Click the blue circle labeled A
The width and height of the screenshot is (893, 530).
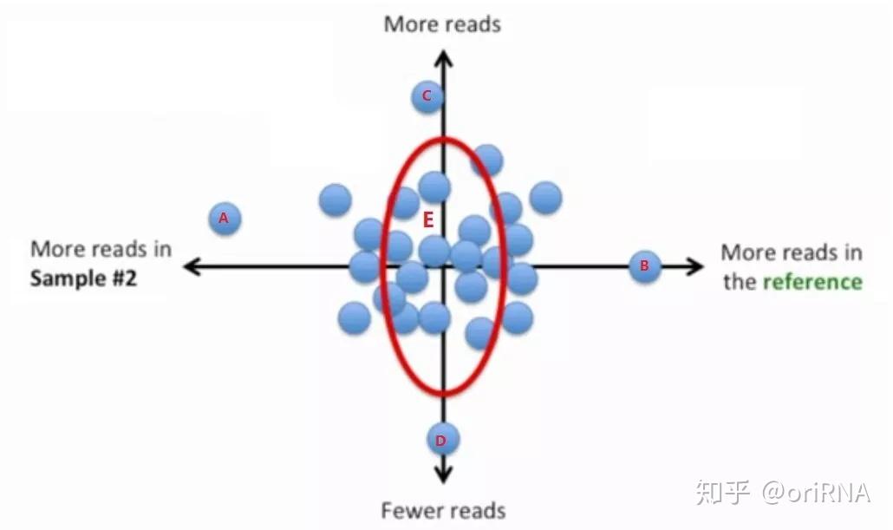[225, 219]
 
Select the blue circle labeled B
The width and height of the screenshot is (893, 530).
[645, 266]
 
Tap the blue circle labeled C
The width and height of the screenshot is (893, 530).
[427, 96]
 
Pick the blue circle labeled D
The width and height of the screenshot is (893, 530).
[442, 439]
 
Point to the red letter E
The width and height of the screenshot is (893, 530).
[428, 220]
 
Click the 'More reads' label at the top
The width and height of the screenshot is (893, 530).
[442, 24]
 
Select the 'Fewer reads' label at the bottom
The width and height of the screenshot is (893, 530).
[443, 511]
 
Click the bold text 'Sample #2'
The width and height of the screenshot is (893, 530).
[84, 278]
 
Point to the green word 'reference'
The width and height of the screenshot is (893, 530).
[812, 282]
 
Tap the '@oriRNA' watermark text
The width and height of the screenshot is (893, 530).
[816, 493]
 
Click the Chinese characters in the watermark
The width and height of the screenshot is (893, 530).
[722, 493]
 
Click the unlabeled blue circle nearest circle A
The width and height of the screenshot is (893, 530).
[336, 200]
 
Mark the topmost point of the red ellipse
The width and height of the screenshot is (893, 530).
[443, 138]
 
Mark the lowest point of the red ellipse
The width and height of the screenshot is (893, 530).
[443, 394]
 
